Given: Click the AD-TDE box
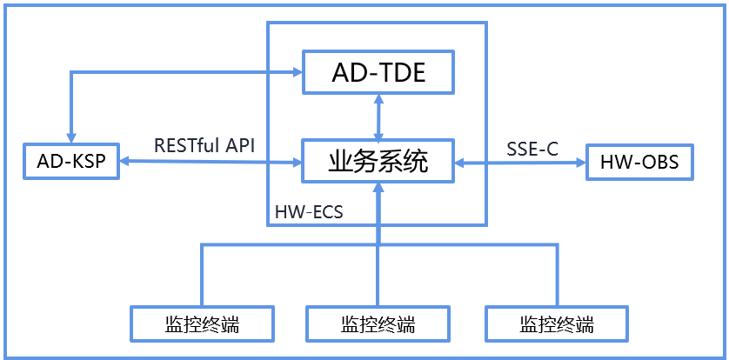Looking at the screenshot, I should [x=378, y=72].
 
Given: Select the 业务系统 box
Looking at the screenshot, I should [x=378, y=161].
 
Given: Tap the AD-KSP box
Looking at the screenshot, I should [x=72, y=161].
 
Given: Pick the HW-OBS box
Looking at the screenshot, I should [x=639, y=161].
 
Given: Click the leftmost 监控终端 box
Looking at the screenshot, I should [x=202, y=324].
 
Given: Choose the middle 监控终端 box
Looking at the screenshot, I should [x=378, y=324].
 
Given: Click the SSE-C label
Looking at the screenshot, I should [x=532, y=149].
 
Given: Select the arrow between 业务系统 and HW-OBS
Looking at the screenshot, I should [x=520, y=162].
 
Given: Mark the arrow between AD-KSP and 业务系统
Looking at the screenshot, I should [x=209, y=162].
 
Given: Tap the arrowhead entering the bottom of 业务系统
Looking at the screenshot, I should [x=378, y=189].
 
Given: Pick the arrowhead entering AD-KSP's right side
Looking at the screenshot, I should [x=124, y=162].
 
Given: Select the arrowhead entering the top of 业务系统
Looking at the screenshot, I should [x=378, y=134].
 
